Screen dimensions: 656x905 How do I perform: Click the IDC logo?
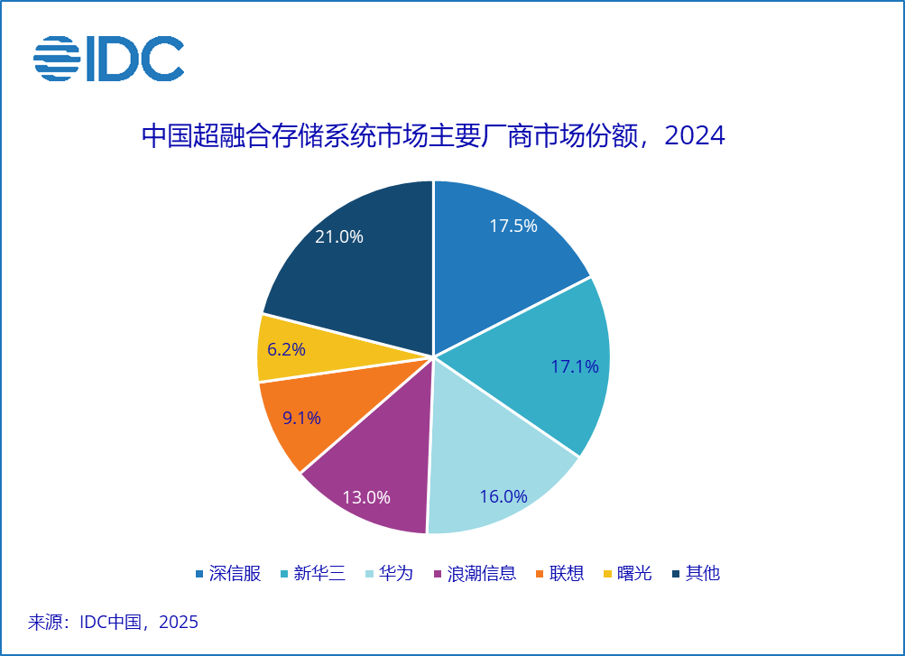coord(108,59)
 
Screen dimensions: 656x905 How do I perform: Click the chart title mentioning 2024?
coord(433,135)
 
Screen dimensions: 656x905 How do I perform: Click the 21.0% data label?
coord(338,236)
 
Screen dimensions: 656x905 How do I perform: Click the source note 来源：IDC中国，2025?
coord(114,622)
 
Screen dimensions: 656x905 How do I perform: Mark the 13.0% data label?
coord(366,497)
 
